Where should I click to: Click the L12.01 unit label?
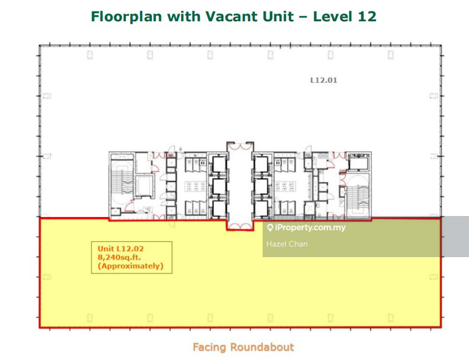(x=324, y=80)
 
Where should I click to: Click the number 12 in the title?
(x=367, y=16)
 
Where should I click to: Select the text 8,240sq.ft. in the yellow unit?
(x=119, y=257)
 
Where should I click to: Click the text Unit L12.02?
(x=120, y=249)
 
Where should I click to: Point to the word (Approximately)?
(x=131, y=266)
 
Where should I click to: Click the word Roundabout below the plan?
(x=262, y=347)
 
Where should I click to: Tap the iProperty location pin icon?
(x=270, y=228)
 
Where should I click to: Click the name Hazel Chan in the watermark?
(x=287, y=244)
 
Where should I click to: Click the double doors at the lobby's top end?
(x=240, y=147)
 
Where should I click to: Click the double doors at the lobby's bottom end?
(x=240, y=226)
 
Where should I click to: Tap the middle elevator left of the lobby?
(x=219, y=187)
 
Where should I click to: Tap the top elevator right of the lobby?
(x=261, y=165)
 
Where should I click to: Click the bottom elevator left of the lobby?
(x=219, y=208)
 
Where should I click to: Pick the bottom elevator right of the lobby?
(x=261, y=208)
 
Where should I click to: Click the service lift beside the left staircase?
(x=144, y=186)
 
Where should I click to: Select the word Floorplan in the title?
(x=126, y=16)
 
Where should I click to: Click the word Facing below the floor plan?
(x=209, y=347)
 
